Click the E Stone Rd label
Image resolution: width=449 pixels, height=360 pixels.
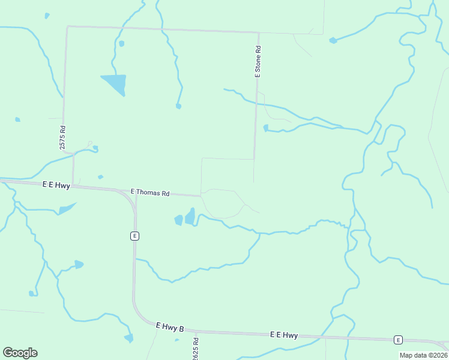point(258,62)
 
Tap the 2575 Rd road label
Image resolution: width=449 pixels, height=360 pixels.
point(62,137)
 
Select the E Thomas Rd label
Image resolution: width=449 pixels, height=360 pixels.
point(151,193)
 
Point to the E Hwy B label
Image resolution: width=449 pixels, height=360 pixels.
point(169,327)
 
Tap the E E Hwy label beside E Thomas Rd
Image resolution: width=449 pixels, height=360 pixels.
point(56,186)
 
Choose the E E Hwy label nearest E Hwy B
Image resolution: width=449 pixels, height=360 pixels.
point(284,335)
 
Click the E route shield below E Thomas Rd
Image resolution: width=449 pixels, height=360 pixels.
point(134,236)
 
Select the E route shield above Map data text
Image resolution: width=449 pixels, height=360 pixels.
point(397,340)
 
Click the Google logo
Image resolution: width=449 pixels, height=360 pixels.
point(20,352)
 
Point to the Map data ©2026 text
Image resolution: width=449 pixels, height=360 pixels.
point(423,355)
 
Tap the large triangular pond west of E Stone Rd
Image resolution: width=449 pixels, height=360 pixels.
point(115,83)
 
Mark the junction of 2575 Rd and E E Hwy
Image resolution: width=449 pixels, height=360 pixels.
point(73,184)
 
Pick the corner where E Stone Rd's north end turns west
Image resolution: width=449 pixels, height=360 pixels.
point(259,33)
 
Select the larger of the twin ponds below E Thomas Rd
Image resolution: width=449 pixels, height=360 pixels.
point(190,216)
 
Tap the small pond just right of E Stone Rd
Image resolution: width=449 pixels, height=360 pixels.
point(265,128)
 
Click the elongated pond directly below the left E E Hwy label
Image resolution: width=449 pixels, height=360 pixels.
point(67,209)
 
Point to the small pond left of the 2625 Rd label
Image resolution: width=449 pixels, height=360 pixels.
point(177,340)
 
